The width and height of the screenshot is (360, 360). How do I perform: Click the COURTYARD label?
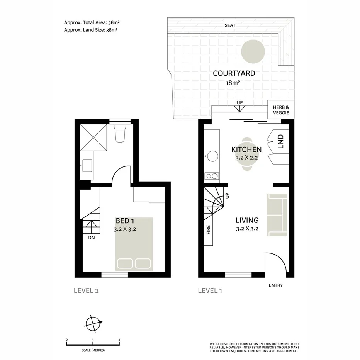234,73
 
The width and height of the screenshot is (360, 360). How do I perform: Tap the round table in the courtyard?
253,51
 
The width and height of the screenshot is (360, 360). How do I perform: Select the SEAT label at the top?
230,25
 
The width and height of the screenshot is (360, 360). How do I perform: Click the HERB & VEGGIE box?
279,110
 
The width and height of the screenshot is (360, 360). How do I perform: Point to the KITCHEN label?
246,149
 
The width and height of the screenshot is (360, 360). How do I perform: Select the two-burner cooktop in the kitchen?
211,176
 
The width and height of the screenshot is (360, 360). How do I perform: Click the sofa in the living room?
277,215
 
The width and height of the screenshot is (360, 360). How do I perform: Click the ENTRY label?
276,285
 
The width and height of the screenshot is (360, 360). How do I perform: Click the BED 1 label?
125,221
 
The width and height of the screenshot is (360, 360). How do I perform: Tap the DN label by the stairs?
91,238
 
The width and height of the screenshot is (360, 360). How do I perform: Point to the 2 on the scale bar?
119,340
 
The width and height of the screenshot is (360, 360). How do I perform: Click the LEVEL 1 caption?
210,291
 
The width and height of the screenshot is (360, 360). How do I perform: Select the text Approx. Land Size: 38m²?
91,30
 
